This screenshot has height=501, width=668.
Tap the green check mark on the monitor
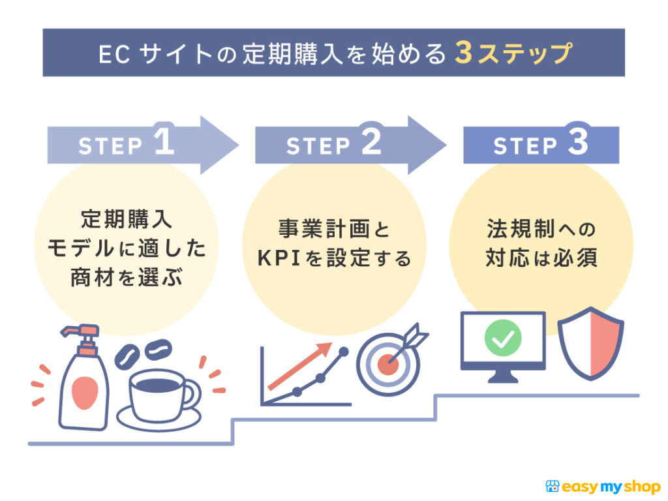coord(503,338)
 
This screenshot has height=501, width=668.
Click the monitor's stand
coord(503,376)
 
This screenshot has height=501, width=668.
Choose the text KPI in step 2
coord(278,258)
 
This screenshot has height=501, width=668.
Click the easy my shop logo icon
coord(552,487)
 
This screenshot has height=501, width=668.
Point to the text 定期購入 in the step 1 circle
coord(127,219)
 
